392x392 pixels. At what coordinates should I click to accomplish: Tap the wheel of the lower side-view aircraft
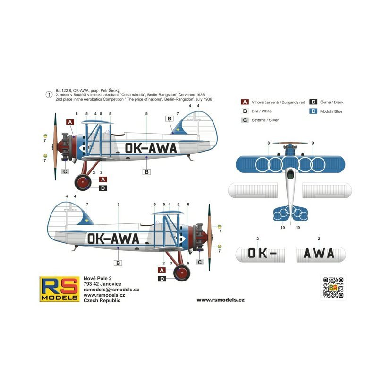coord(181,273)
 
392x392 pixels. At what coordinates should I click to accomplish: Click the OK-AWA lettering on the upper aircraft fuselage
coord(151,148)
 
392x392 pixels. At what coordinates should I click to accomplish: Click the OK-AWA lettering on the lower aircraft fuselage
coord(113,238)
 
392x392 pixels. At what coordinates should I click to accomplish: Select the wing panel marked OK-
coord(259,253)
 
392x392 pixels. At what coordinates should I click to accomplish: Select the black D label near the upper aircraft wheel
coord(103,188)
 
